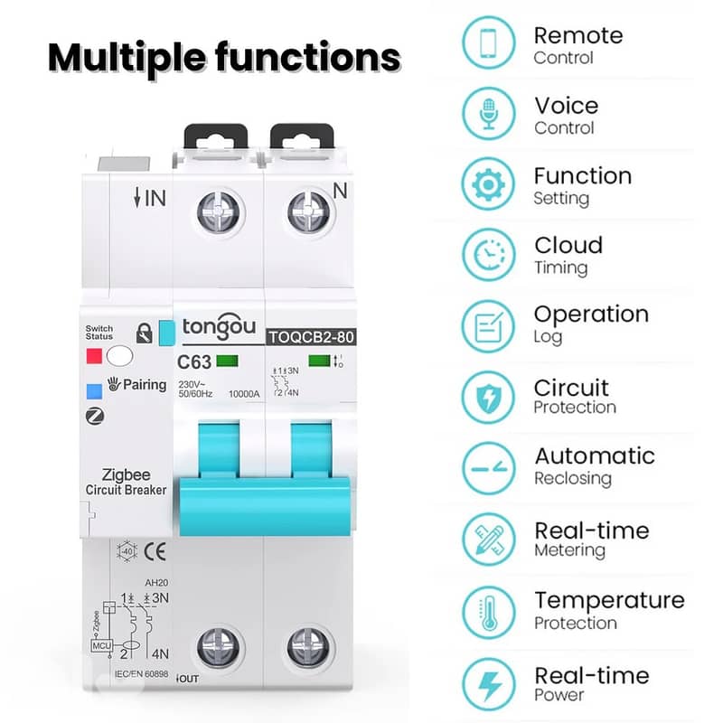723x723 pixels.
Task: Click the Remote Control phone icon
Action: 488,44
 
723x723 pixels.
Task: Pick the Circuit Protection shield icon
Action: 488,396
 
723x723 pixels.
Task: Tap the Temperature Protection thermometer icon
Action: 488,610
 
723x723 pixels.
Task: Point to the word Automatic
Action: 594,455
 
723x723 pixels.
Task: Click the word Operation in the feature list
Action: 591,315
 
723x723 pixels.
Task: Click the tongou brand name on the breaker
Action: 218,327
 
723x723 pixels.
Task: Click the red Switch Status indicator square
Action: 94,355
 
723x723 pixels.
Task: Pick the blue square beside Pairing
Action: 94,391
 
